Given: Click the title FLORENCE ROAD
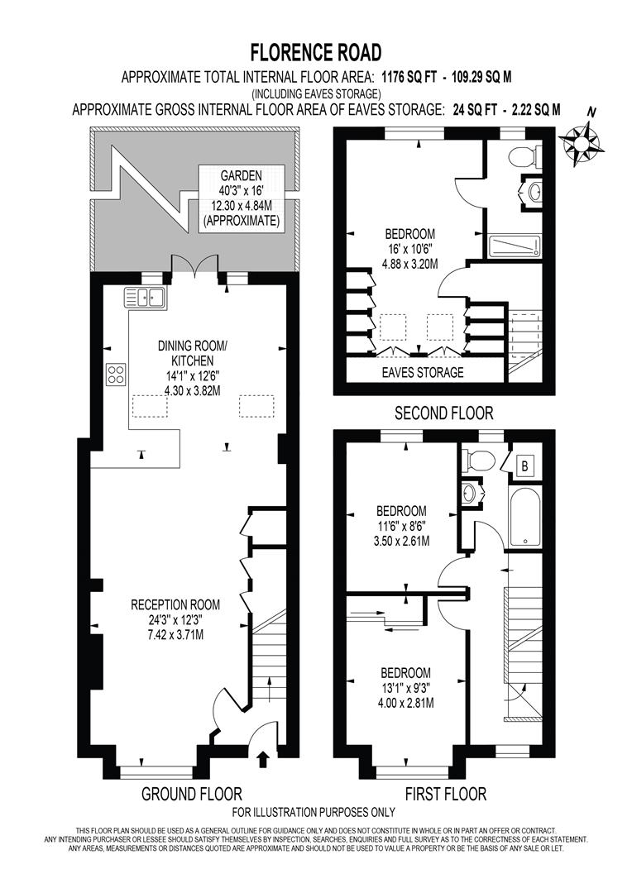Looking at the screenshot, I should (316, 54).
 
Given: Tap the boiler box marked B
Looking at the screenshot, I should (524, 466).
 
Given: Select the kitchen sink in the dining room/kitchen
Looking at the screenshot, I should (146, 296).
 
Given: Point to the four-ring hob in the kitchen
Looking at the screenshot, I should (115, 375).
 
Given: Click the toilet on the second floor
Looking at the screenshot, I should (524, 155).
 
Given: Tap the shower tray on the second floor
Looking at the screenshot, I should (513, 246).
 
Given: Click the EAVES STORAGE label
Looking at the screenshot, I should (422, 372).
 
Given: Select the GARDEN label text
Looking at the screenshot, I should (242, 175).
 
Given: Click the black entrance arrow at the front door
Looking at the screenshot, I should (263, 758).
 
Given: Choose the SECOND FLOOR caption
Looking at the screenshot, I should (443, 413).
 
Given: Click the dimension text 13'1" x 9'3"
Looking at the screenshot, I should (405, 688).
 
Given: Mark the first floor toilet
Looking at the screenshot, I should (477, 459).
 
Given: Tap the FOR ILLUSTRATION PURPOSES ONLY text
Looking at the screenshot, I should (315, 812).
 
